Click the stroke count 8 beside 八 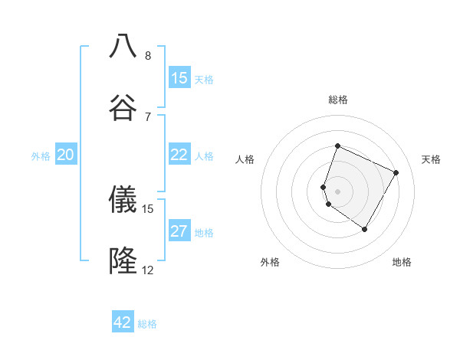coord(148,55)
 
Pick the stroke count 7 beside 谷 coord(148,116)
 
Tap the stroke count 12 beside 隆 coord(148,270)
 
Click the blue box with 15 coord(179,78)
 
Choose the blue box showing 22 coord(179,155)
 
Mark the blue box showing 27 coord(179,231)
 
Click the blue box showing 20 coord(66,155)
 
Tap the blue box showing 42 coord(123,322)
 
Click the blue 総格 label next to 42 coord(147,324)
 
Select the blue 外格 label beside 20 coord(41,156)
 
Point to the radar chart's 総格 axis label coord(337,100)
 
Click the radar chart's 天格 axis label coord(431,159)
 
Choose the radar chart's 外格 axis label coord(270,262)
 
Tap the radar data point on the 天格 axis coord(396,172)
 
